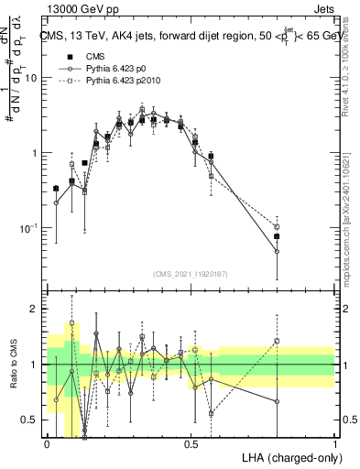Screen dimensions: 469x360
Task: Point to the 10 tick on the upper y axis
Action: point(32,78)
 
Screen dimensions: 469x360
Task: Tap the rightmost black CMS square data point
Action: point(277,236)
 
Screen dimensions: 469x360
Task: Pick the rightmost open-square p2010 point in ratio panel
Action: point(277,341)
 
